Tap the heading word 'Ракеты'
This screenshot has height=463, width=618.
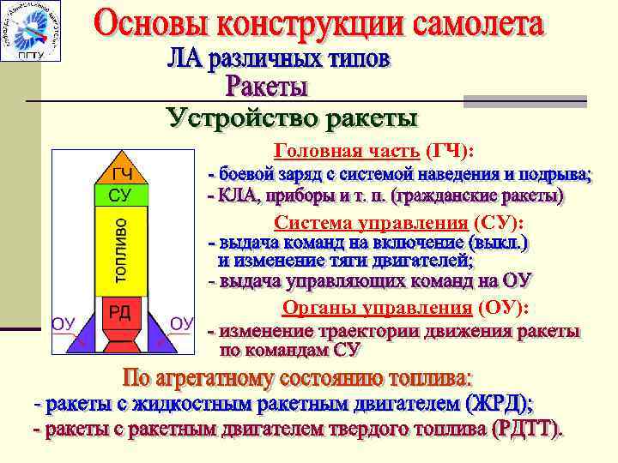click(x=268, y=87)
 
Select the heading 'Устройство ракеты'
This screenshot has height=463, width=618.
click(x=293, y=117)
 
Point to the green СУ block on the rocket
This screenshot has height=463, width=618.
click(x=120, y=195)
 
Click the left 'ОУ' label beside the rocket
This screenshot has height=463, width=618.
click(x=65, y=323)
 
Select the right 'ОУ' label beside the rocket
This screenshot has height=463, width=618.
click(x=182, y=323)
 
